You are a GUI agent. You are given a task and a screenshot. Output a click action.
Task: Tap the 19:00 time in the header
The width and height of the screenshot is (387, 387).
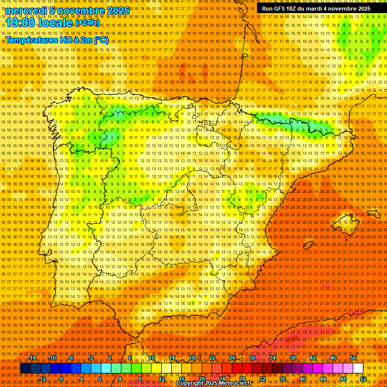21,23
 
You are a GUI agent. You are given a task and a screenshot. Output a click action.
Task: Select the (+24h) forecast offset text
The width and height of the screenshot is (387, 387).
88,23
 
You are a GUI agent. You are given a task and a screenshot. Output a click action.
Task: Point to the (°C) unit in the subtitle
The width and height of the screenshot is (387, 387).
101,40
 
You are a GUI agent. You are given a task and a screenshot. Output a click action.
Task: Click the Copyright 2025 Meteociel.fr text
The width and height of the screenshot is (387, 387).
214,383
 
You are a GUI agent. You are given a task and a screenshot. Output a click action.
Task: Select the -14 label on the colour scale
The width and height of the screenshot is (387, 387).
32,358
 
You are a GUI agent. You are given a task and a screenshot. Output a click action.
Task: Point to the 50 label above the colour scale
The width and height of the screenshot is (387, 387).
353,358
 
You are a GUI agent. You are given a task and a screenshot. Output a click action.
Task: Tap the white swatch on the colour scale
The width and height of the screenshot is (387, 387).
358,368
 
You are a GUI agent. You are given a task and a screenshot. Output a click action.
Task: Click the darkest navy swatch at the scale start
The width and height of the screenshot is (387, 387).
25,368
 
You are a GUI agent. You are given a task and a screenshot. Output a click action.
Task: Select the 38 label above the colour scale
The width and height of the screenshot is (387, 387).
292,358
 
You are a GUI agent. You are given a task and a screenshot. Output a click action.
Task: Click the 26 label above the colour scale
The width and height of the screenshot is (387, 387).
232,358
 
